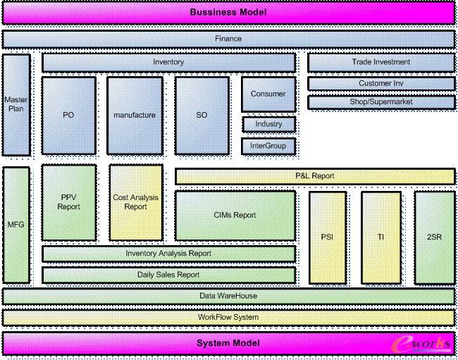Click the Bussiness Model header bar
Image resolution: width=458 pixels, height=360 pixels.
(228, 13)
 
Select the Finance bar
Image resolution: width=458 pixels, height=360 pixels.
(228, 39)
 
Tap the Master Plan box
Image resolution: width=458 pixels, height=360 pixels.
(16, 105)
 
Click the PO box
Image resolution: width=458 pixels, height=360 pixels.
(68, 115)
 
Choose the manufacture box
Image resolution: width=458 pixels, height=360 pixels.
(135, 115)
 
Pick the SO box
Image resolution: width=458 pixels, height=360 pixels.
(202, 115)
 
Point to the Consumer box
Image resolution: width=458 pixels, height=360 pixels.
(268, 94)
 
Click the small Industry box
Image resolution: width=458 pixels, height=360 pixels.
(268, 124)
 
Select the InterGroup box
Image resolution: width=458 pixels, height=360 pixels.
(268, 147)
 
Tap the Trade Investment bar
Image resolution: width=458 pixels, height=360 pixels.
(380, 62)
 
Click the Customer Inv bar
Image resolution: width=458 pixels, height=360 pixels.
(380, 84)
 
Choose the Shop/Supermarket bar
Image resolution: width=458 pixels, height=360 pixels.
(380, 102)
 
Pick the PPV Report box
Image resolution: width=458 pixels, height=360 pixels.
(68, 202)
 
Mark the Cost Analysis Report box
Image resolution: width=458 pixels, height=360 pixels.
(135, 202)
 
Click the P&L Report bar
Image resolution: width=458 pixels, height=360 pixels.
(314, 175)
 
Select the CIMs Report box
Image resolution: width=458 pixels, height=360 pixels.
(235, 215)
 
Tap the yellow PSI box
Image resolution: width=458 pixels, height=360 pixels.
(328, 237)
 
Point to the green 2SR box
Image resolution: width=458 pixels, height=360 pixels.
(434, 237)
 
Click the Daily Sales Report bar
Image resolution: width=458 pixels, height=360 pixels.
(168, 275)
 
